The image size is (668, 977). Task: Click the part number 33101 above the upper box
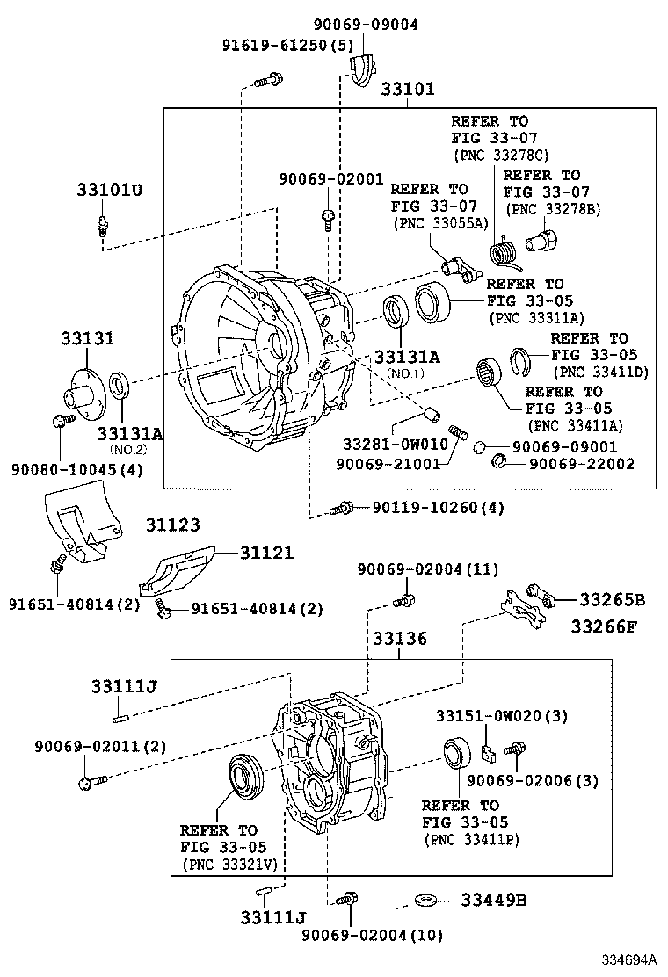(x=408, y=90)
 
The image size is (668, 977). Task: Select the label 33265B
(x=612, y=599)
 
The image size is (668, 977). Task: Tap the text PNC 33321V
(x=229, y=865)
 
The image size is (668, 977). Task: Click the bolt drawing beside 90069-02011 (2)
(x=91, y=779)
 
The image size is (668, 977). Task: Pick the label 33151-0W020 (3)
(x=502, y=716)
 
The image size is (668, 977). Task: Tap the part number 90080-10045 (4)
(x=77, y=469)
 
